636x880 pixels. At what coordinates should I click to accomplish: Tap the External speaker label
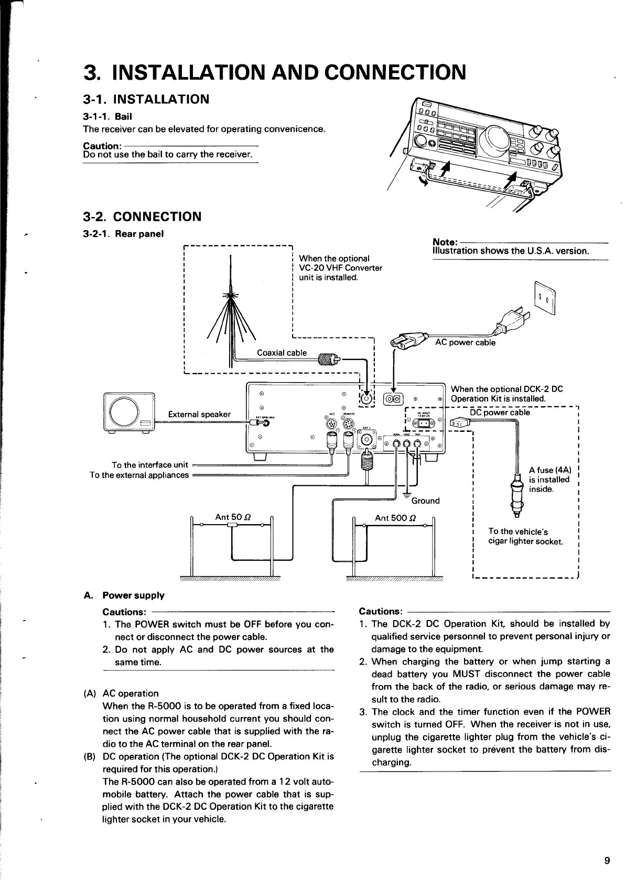[x=199, y=414]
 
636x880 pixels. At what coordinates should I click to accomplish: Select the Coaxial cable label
[x=282, y=353]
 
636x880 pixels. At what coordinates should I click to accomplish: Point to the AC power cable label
[x=466, y=343]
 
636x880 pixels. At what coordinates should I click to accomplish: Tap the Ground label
[x=425, y=501]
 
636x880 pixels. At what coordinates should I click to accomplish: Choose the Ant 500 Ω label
[x=395, y=518]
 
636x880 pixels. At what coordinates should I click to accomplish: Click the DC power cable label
[x=499, y=412]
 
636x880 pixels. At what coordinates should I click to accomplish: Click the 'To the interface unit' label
[x=150, y=465]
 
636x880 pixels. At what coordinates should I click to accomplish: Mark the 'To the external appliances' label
[x=139, y=475]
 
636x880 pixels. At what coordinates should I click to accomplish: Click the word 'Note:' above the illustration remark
[x=444, y=242]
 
